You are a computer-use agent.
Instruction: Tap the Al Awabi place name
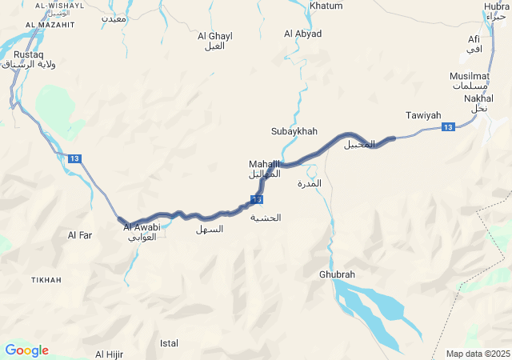coord(142,227)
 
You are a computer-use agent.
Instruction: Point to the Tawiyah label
coord(423,115)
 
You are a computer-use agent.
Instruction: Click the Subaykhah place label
coord(294,130)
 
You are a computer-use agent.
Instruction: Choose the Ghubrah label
coord(337,274)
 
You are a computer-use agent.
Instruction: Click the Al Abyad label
coord(302,34)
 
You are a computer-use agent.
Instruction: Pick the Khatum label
coord(326,6)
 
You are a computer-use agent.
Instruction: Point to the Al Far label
coord(81,235)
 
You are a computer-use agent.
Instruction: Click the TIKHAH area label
coord(46,280)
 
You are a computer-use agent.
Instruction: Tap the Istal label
coord(169,343)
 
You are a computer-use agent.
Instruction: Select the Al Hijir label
coord(110,354)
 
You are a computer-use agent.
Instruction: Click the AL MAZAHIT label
coord(50,25)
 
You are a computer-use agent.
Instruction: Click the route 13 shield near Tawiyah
coord(448,127)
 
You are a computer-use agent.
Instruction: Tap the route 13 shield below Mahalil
coord(256,199)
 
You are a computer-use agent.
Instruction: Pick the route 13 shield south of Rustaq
coord(74,158)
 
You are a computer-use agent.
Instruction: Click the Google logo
coord(26,350)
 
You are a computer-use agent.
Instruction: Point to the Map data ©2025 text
coord(478,354)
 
